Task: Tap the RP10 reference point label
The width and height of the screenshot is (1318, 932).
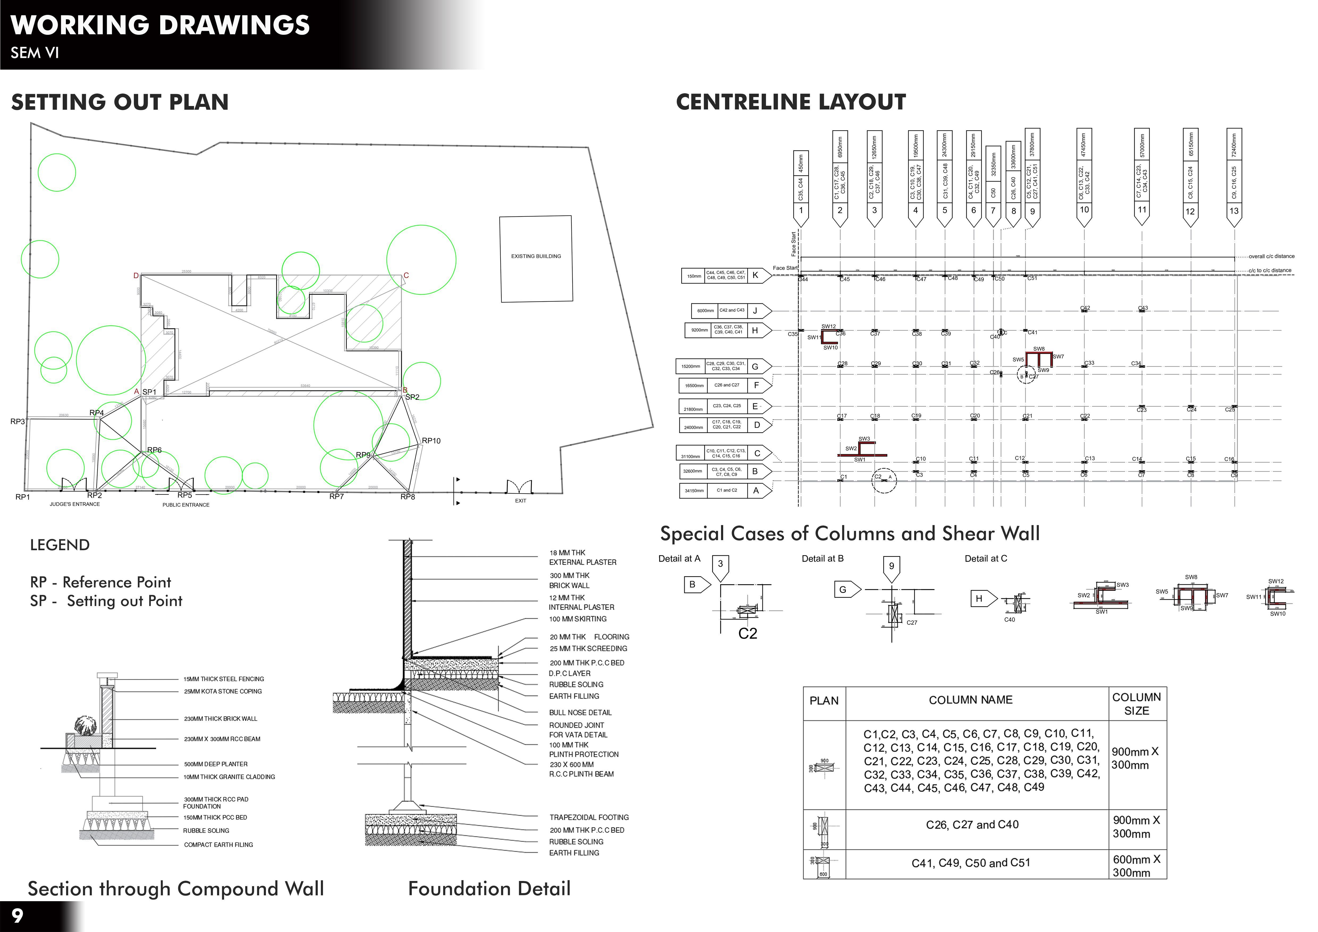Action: pos(431,441)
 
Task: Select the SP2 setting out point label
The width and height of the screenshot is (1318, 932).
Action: pos(412,397)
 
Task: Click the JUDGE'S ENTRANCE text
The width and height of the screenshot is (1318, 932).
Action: pos(75,505)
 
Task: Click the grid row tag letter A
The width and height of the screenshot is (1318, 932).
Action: pos(756,491)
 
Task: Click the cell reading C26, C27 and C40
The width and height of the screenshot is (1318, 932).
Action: pos(972,825)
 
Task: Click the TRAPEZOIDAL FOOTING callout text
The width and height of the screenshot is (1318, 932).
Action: pos(589,817)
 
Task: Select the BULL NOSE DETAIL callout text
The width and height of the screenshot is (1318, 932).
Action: pos(580,713)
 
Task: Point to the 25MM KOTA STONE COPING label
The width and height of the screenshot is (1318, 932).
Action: pos(223,692)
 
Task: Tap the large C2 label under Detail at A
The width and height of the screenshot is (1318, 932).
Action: pos(747,634)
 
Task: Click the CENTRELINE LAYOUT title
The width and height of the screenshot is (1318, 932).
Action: pos(790,102)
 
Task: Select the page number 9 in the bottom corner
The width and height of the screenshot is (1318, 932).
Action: pos(17,915)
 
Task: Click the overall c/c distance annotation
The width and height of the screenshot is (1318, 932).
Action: pos(1272,257)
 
